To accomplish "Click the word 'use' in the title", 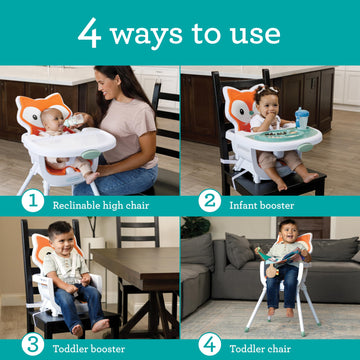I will (256, 34).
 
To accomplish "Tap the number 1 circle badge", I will (33, 200).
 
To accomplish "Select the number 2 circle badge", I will (209, 200).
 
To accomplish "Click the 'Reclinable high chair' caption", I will (98, 201).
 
